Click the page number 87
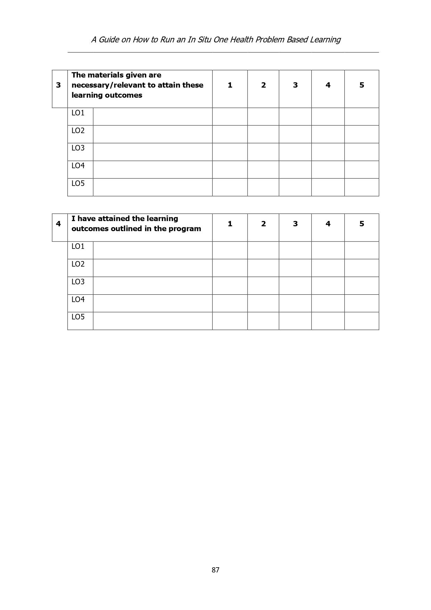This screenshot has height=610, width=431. (215, 570)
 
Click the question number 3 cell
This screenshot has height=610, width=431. (58, 85)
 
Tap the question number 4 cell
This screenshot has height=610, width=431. (58, 224)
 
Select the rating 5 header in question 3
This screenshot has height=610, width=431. (361, 85)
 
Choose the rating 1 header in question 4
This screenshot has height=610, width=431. (230, 224)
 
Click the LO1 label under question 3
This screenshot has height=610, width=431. (78, 113)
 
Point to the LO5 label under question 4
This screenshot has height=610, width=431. (78, 317)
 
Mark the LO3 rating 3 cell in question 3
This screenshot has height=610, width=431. (295, 152)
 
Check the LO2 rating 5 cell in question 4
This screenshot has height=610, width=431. (361, 268)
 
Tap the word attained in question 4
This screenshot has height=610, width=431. (114, 219)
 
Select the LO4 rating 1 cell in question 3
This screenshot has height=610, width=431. (230, 170)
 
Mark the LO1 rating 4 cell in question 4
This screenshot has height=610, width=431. (328, 250)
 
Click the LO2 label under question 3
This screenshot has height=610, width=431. (78, 131)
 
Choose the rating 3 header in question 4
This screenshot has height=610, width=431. (295, 224)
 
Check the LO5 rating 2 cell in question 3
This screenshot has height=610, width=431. (263, 187)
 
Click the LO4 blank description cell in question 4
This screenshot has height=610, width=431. (153, 303)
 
